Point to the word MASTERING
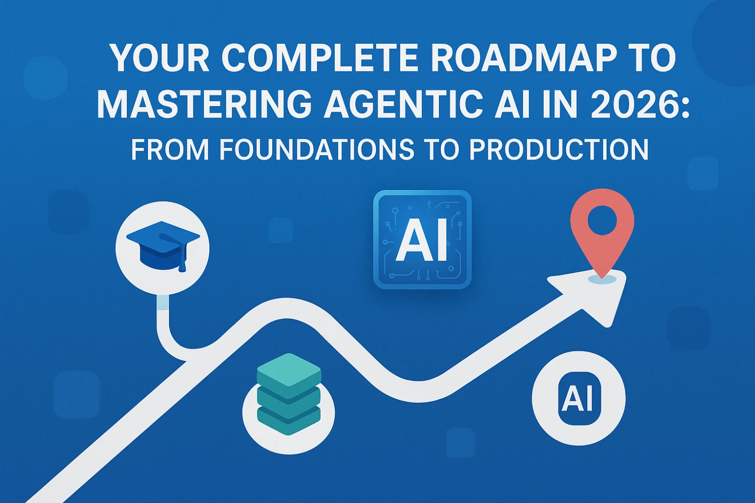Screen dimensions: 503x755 204,104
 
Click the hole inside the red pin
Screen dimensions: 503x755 602,220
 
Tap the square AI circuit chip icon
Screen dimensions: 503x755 422,239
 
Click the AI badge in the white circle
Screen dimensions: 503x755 579,398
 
